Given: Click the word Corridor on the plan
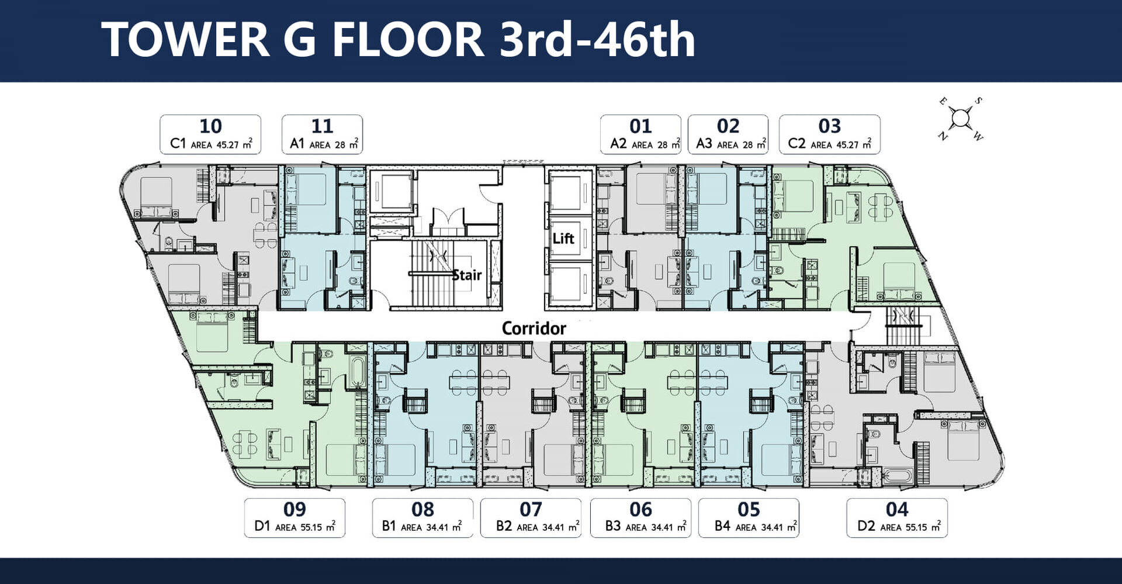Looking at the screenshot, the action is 534,329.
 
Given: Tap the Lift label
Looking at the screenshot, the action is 563,239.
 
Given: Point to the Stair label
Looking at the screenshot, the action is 467,275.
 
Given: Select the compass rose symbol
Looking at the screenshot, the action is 960,119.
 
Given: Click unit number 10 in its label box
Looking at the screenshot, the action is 210,126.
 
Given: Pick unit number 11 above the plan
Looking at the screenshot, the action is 322,126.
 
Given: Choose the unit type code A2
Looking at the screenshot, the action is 618,144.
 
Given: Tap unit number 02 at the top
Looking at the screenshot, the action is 728,126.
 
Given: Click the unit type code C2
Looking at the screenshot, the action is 797,144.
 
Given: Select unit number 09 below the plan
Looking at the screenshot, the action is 295,509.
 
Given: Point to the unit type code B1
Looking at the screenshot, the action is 389,526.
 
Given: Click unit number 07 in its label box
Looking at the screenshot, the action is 531,509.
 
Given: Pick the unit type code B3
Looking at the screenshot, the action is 613,526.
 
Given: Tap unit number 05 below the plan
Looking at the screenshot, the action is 749,509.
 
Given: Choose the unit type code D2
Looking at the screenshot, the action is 866,526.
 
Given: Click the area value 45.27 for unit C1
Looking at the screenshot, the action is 228,145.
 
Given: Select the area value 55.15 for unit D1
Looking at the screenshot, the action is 311,527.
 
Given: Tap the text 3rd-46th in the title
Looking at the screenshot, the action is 597,40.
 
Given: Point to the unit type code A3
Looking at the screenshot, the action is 704,144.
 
